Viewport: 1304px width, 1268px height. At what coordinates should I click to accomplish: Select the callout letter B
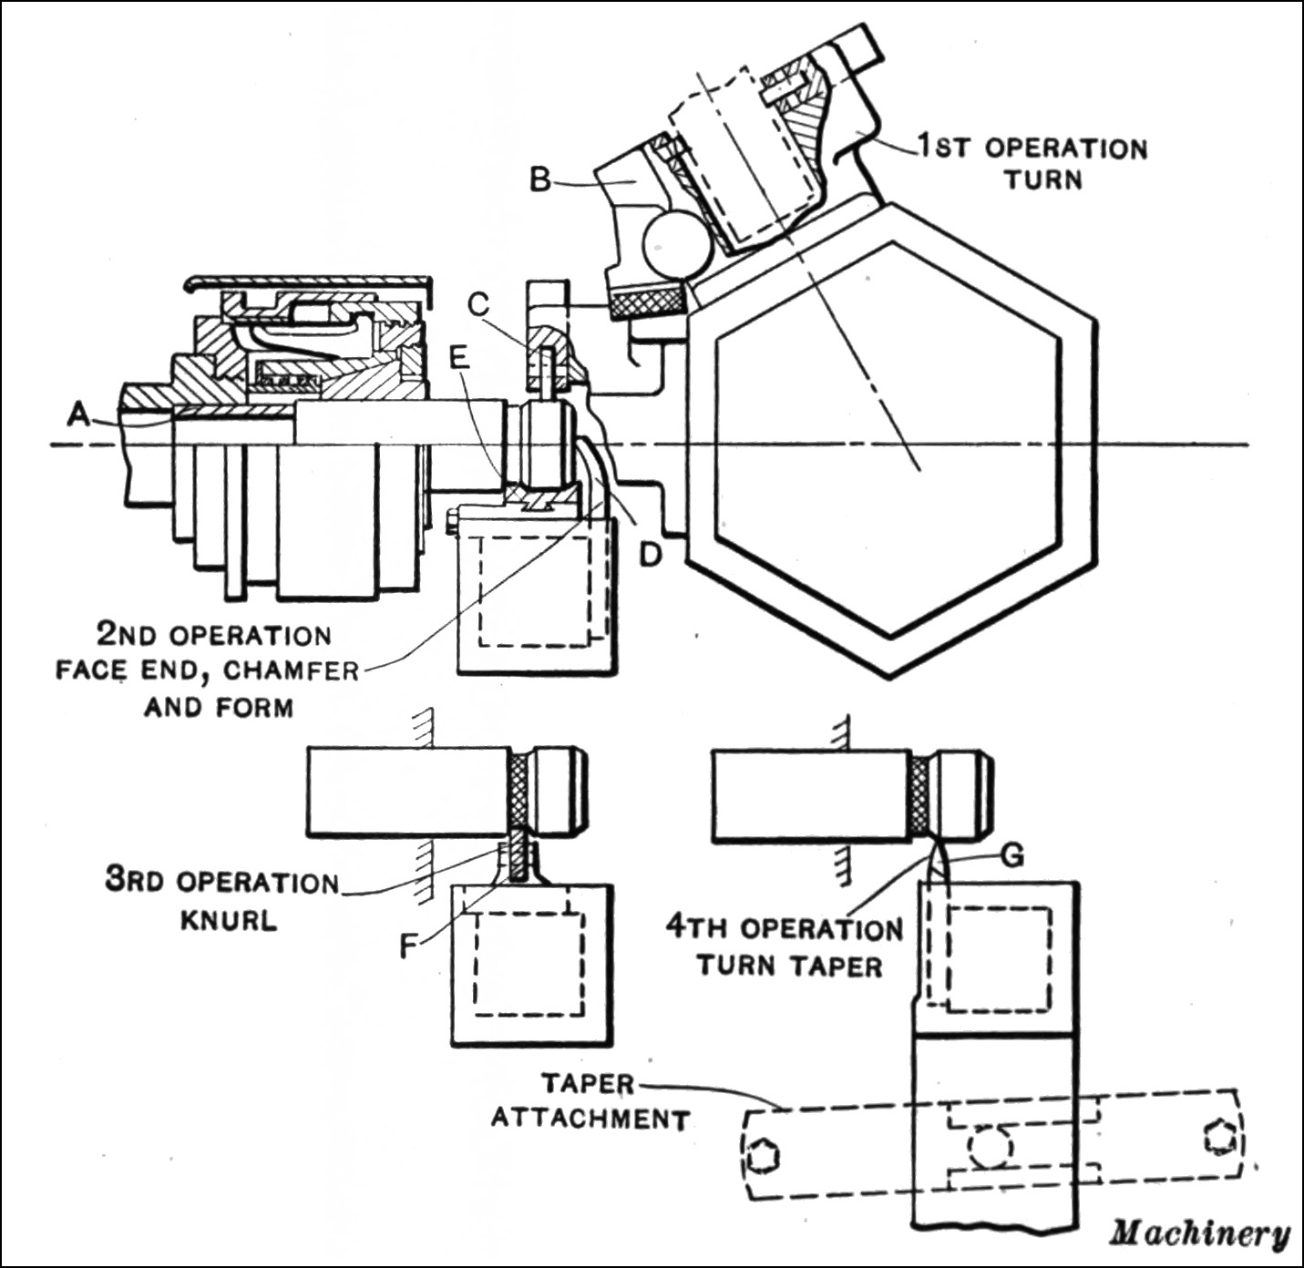click(541, 179)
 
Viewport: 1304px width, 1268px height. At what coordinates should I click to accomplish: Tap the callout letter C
click(479, 304)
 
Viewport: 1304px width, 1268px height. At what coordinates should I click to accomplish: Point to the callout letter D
click(648, 553)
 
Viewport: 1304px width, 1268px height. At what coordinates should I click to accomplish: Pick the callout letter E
click(459, 357)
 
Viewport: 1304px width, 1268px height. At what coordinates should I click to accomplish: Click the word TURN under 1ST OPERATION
click(1044, 179)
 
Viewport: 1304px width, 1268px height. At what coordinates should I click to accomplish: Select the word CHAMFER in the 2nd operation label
click(292, 671)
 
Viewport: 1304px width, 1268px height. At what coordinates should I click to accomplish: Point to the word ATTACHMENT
click(590, 1118)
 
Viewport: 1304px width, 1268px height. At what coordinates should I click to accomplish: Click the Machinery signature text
click(1199, 1234)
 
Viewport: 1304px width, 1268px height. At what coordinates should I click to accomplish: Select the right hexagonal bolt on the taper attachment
click(1220, 1137)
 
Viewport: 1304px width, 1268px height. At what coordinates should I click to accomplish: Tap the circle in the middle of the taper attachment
click(991, 1147)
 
